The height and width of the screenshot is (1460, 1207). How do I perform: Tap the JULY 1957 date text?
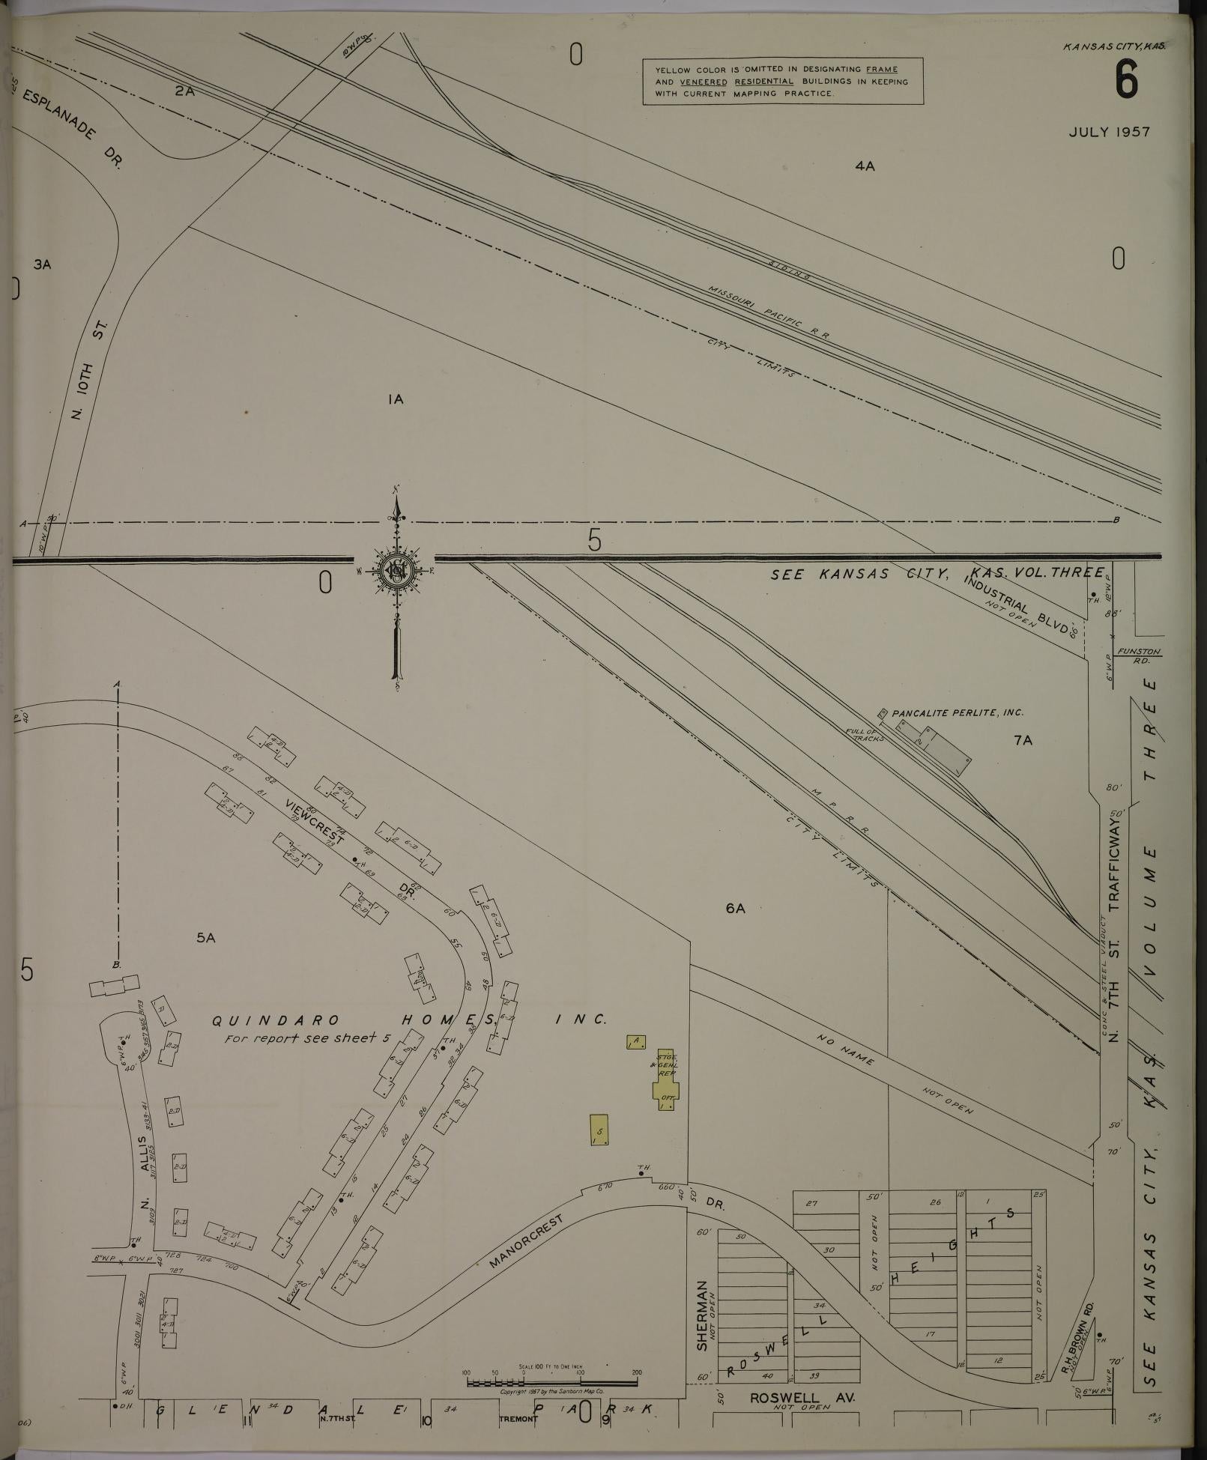pyautogui.click(x=1109, y=133)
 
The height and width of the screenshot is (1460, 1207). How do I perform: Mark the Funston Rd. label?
pyautogui.click(x=1138, y=655)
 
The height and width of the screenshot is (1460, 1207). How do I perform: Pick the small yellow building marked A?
pyautogui.click(x=635, y=1041)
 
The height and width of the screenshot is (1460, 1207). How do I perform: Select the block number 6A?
pyautogui.click(x=735, y=909)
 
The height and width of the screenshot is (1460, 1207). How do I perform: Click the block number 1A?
pyautogui.click(x=396, y=399)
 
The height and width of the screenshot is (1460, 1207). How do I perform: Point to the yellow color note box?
pyautogui.click(x=782, y=81)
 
